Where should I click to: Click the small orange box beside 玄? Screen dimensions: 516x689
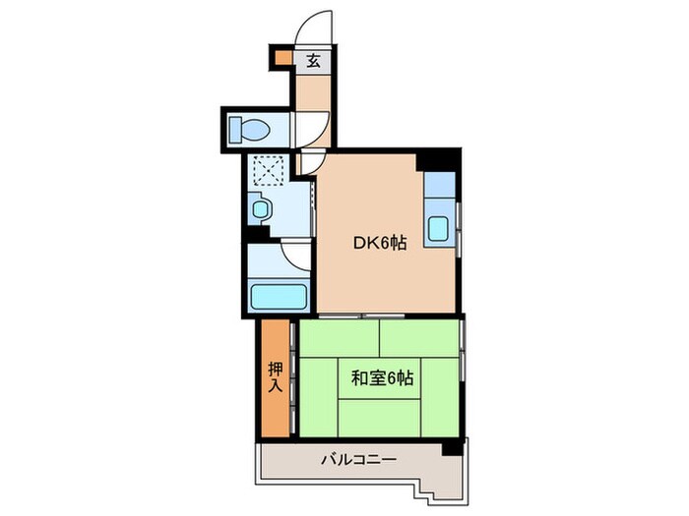(282, 60)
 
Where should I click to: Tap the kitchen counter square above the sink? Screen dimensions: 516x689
(439, 185)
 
